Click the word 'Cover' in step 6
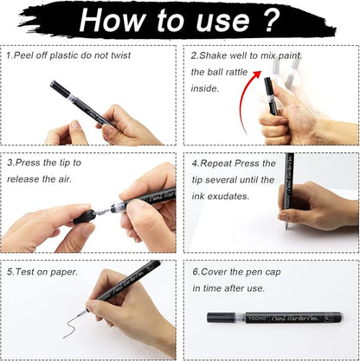coord(216,271)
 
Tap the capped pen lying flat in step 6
coord(273,318)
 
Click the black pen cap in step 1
coord(57,87)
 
